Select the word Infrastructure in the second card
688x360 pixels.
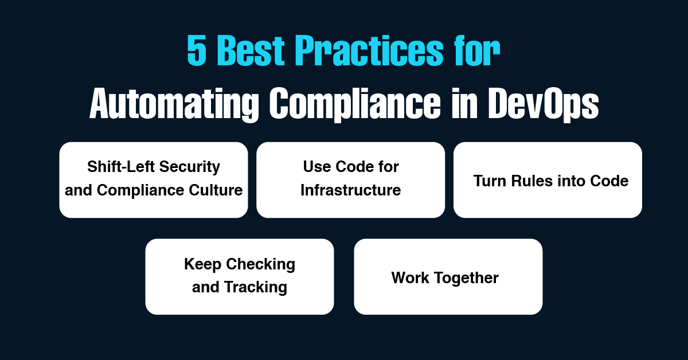click(350, 190)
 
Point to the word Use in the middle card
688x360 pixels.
click(315, 167)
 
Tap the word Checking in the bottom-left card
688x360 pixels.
click(261, 264)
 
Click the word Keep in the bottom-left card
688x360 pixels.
click(203, 264)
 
